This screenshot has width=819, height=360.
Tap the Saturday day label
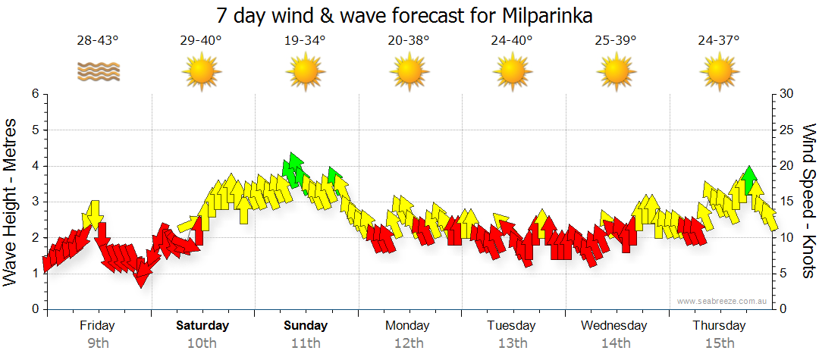click(202, 326)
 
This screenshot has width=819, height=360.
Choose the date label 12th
click(409, 343)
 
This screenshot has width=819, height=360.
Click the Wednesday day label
click(614, 326)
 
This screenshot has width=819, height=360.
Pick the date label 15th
click(718, 343)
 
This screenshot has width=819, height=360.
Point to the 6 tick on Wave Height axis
click(35, 94)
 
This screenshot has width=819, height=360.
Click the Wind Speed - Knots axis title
click(808, 201)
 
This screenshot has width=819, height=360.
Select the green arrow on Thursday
click(749, 179)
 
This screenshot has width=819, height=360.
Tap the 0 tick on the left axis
click(35, 309)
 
